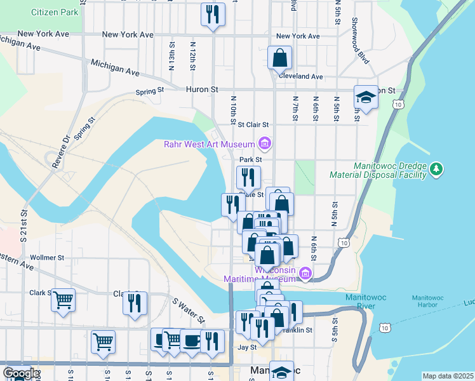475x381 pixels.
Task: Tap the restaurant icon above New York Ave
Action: pyautogui.click(x=212, y=14)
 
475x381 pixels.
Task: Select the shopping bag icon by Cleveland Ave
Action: pyautogui.click(x=279, y=58)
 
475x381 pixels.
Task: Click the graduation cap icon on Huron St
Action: pyautogui.click(x=366, y=97)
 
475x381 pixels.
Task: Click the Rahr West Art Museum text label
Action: pyautogui.click(x=209, y=145)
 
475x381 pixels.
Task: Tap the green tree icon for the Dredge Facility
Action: pyautogui.click(x=436, y=168)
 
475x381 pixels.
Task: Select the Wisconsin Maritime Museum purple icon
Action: pyautogui.click(x=305, y=274)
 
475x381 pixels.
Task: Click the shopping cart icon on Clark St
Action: pyautogui.click(x=63, y=300)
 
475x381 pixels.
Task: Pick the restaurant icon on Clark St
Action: pyautogui.click(x=135, y=303)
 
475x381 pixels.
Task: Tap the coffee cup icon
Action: pyautogui.click(x=191, y=340)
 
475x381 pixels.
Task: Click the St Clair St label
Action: pyautogui.click(x=254, y=124)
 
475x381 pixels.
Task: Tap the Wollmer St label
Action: pyautogui.click(x=48, y=258)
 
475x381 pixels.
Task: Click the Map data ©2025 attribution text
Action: pyautogui.click(x=447, y=375)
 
